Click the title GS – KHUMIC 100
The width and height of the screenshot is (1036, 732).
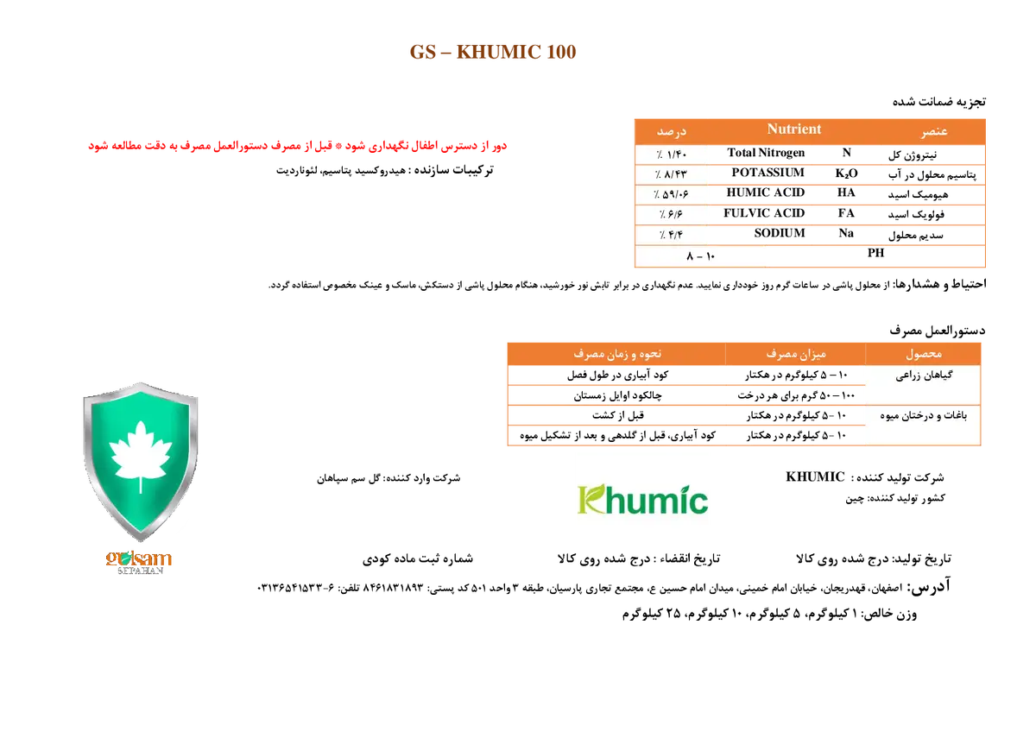pos(493,52)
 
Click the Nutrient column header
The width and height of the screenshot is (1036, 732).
pos(794,129)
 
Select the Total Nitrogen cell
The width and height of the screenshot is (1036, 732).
pos(766,153)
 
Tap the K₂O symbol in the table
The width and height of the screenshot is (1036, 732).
pos(846,174)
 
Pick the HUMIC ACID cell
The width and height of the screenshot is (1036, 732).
pos(766,192)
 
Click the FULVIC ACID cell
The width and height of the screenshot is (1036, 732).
pos(764,213)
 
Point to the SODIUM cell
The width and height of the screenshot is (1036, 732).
pos(780,233)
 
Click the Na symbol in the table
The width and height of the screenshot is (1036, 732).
pos(846,233)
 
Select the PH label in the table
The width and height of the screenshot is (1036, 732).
pos(875,253)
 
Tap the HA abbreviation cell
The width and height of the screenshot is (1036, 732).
pos(846,192)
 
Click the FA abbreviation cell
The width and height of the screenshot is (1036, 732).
pos(846,213)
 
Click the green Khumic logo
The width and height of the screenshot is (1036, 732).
pos(643,500)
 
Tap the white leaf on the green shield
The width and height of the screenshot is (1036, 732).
pos(141,456)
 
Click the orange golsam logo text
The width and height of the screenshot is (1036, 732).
pos(138,558)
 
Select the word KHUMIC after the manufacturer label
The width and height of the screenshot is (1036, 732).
pos(815,477)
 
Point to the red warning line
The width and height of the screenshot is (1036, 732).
pos(297,146)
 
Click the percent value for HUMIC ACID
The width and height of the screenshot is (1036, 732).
pos(671,194)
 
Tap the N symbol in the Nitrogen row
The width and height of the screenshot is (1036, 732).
pos(846,153)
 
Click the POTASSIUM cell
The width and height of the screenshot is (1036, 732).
pos(768,173)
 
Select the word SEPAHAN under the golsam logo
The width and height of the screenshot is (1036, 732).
pos(140,571)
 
